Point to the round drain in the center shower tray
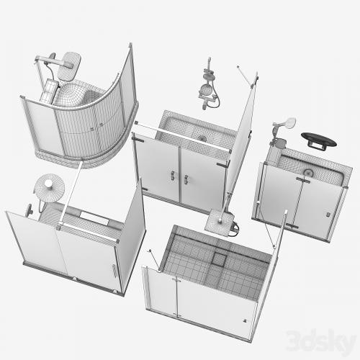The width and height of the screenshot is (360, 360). click(x=202, y=138)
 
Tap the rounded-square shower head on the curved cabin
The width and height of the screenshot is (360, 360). click(x=71, y=63)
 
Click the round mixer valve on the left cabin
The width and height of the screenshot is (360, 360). click(x=29, y=211)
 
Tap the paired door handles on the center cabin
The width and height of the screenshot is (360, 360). click(x=179, y=176)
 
